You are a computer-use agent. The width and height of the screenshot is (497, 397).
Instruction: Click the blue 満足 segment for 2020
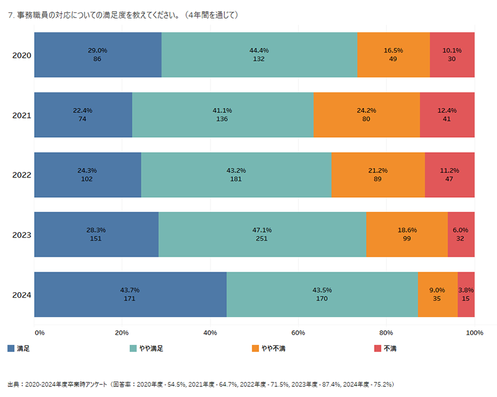click(98, 55)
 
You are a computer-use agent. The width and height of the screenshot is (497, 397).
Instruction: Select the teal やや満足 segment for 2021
click(222, 115)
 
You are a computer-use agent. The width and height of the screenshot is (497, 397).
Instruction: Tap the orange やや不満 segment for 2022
click(378, 175)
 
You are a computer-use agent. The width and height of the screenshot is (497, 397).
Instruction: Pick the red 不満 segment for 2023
click(461, 234)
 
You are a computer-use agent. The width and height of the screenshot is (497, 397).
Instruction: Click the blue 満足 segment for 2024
click(130, 294)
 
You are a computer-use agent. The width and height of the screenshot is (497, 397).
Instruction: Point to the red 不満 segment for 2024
click(466, 294)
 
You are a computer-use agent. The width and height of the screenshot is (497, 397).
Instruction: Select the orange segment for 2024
click(437, 294)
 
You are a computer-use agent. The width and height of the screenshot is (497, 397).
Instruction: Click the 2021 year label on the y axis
click(22, 115)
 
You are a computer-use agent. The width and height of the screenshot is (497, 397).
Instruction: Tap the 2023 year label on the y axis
click(22, 235)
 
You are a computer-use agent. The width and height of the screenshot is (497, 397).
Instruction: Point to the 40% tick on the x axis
click(210, 333)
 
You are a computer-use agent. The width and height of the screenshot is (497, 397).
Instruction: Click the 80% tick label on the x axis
click(386, 333)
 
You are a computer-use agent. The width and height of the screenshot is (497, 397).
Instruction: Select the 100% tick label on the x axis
click(474, 333)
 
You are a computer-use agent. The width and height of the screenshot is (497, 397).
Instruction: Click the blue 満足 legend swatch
click(11, 349)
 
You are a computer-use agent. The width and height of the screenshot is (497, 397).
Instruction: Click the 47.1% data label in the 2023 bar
click(262, 230)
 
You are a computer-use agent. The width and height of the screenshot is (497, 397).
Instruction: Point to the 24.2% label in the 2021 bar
click(367, 110)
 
